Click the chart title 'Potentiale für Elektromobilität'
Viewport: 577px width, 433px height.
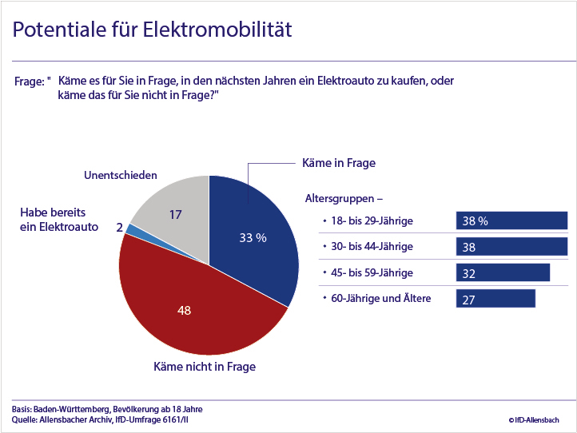pos(152,30)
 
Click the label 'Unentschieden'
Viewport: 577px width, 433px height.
pos(121,175)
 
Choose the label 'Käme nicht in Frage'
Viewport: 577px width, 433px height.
pos(205,367)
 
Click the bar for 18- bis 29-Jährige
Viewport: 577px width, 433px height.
pos(511,221)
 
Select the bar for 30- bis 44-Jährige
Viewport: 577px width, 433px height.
pos(511,247)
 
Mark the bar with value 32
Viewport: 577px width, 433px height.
pos(503,272)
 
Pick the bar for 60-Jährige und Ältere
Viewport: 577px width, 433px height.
pos(495,298)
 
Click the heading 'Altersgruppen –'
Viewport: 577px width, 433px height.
pos(344,196)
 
